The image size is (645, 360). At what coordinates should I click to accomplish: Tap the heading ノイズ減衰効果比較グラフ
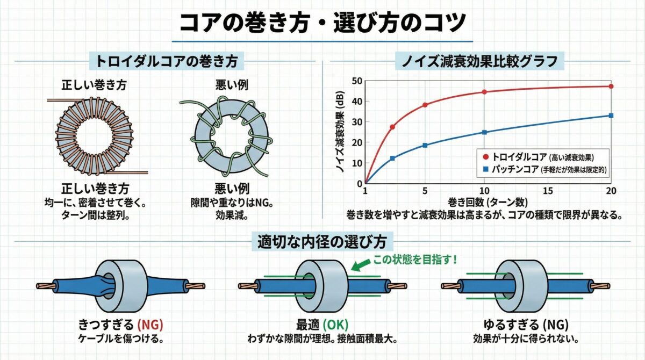tap(479, 61)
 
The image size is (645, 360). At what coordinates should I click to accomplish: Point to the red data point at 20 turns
tap(611, 87)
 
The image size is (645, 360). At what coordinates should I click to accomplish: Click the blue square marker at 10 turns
tap(484, 132)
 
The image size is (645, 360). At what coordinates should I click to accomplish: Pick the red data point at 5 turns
tap(425, 105)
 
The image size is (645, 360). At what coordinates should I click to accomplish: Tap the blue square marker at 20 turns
tap(611, 116)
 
